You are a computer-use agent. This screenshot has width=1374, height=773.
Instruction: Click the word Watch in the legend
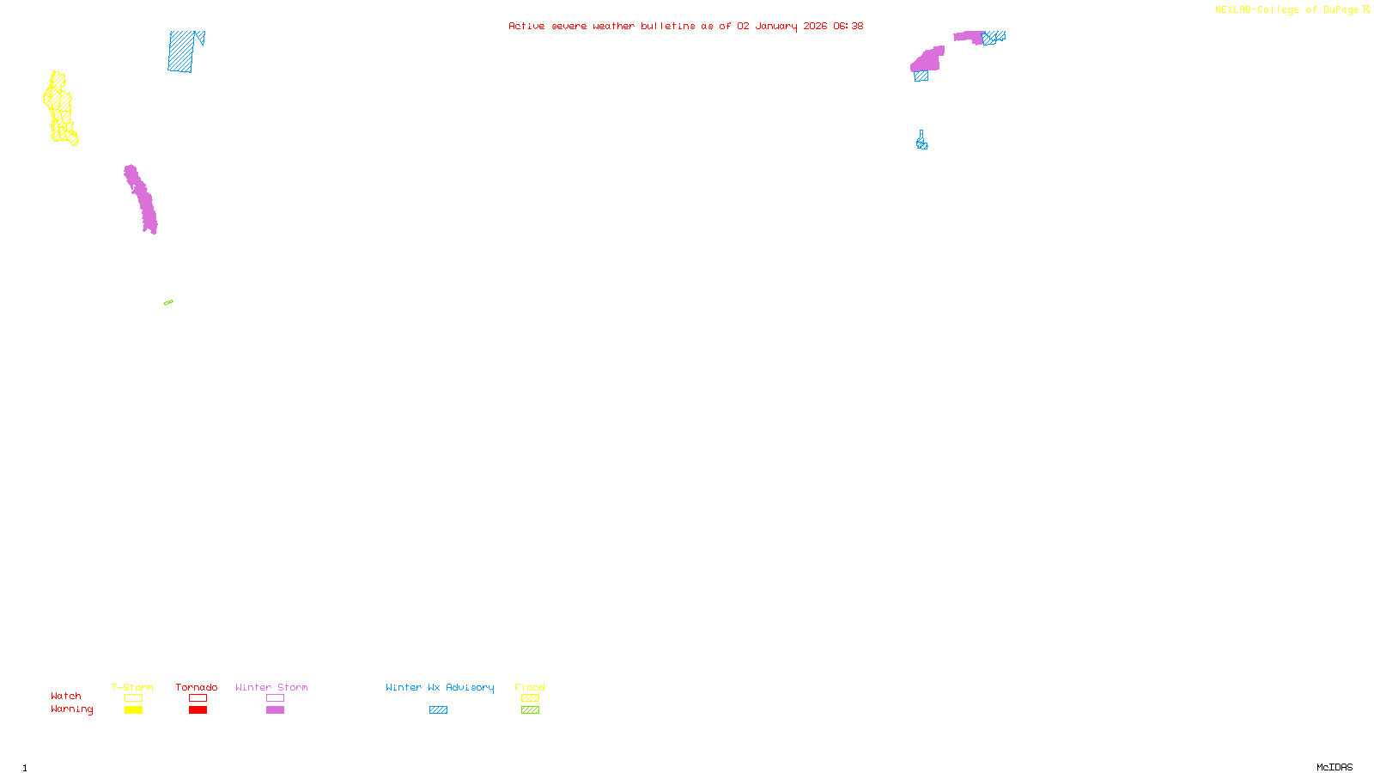[66, 697]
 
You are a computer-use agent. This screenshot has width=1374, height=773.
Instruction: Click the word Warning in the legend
[72, 709]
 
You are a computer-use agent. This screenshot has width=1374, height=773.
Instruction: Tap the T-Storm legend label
[132, 687]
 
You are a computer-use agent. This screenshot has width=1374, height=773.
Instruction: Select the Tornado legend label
[197, 687]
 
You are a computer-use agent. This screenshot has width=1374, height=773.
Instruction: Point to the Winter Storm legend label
[271, 687]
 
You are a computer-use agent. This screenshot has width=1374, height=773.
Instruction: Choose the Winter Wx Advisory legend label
[440, 687]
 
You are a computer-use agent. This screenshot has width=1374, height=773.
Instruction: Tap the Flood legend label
[530, 687]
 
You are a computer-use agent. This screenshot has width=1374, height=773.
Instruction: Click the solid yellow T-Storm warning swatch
[133, 710]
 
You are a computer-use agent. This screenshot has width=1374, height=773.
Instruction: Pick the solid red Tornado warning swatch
[198, 710]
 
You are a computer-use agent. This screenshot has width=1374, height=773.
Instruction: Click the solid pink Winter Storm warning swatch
[275, 710]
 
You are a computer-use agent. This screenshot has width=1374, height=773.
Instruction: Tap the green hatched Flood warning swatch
[530, 710]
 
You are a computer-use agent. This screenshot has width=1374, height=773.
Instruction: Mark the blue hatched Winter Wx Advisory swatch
[438, 710]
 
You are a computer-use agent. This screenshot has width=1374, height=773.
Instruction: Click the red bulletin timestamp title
[685, 26]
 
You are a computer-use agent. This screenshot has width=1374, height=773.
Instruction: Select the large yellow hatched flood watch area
[60, 107]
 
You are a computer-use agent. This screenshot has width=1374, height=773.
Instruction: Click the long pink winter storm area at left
[141, 199]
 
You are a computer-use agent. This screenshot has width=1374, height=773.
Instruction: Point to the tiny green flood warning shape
[168, 302]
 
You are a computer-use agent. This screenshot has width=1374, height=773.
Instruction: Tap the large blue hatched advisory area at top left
[181, 52]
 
